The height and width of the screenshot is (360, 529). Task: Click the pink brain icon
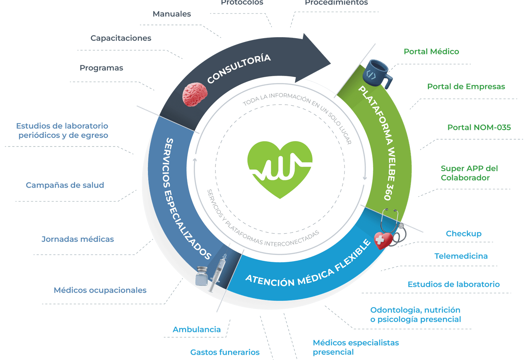point(195,95)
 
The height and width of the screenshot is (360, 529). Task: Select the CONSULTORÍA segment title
point(239,69)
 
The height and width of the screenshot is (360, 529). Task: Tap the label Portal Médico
point(431,52)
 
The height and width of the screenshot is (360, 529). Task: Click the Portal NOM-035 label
point(479,127)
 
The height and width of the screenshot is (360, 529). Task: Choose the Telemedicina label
point(461,256)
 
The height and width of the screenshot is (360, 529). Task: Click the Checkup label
point(463,234)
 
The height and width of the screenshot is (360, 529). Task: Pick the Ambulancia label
point(197,329)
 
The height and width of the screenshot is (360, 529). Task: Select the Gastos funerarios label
point(225,352)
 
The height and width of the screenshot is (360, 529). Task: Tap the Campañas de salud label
point(65,185)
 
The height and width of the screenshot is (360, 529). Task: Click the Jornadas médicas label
point(78,239)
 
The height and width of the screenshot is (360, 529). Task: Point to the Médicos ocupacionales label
point(100,290)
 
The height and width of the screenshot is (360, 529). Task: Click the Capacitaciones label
point(121,38)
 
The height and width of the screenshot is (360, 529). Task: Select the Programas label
point(101,68)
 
